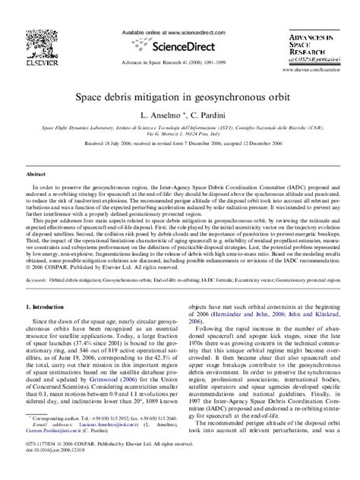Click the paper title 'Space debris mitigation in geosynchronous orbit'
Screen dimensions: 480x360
pyautogui.click(x=179, y=98)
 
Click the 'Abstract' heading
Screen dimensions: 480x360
pyautogui.click(x=37, y=173)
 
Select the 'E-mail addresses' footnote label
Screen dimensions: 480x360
pyautogui.click(x=49, y=444)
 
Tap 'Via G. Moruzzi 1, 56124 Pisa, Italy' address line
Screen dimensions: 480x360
pyautogui.click(x=179, y=136)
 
